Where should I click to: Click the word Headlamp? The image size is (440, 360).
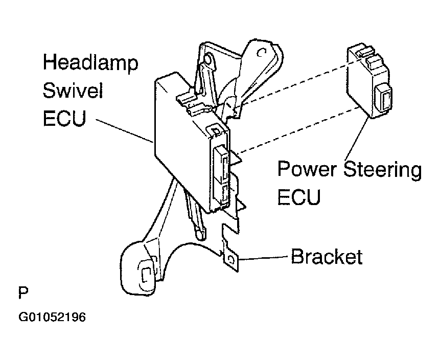(90, 64)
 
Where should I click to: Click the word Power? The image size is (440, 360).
(308, 170)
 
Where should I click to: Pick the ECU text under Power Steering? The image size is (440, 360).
(299, 196)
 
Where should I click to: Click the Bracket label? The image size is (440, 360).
(326, 257)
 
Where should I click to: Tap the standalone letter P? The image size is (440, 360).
(23, 293)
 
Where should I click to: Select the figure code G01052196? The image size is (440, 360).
(52, 317)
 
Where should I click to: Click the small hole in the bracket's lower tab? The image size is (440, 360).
(233, 260)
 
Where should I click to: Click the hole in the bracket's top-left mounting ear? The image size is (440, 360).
(208, 60)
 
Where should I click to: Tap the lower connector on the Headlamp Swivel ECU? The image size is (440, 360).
(225, 194)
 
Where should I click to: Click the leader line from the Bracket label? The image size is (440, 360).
(263, 258)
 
